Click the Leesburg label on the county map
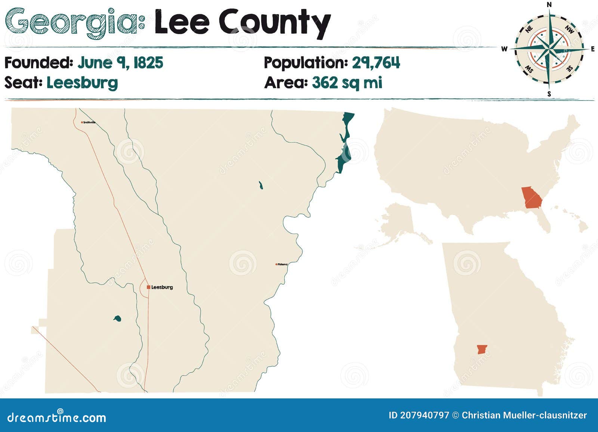(x=162, y=287)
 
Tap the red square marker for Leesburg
(x=148, y=287)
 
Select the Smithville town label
(x=89, y=122)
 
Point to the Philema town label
(x=283, y=264)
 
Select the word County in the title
(x=274, y=22)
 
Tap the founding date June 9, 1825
(x=120, y=63)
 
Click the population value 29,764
(x=376, y=63)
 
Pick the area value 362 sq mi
(x=347, y=83)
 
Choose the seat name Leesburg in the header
(x=82, y=83)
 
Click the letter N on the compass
(x=549, y=4)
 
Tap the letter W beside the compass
(x=504, y=49)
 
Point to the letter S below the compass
(x=549, y=94)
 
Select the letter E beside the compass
(x=593, y=49)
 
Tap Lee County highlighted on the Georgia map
(x=482, y=350)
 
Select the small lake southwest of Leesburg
(x=117, y=318)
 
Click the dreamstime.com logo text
(x=57, y=417)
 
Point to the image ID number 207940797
(x=425, y=415)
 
